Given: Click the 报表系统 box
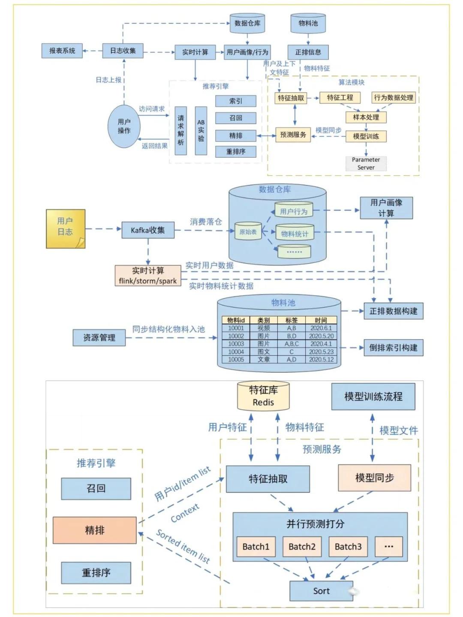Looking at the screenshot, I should [62, 51].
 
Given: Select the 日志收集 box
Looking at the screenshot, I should [123, 51].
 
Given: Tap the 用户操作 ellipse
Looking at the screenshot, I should [124, 126].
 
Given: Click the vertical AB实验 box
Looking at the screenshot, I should [201, 131].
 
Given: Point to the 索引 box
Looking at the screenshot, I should [236, 101].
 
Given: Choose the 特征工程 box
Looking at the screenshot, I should [340, 98].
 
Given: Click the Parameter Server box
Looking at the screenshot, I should [366, 163].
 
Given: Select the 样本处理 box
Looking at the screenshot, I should [366, 117].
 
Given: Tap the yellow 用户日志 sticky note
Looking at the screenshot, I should [65, 228].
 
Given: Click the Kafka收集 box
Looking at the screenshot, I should [148, 230].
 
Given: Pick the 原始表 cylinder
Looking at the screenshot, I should [248, 232].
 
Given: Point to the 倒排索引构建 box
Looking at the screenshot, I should [393, 348].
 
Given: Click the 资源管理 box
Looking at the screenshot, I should [99, 338].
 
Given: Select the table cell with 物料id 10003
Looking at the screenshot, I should [236, 344].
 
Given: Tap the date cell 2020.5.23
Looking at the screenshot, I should [321, 352].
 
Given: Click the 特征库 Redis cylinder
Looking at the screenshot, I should [263, 396].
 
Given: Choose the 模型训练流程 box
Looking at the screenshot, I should [373, 397].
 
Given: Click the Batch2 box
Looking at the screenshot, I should [302, 547].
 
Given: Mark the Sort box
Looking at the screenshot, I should [321, 591].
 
